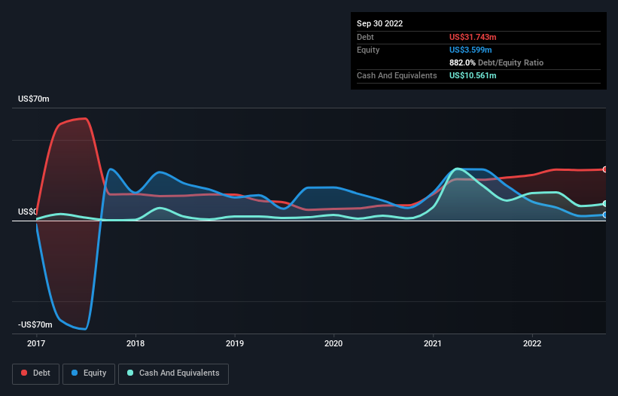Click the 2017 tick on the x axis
click(36, 344)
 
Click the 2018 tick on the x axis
click(135, 344)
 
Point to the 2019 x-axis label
click(235, 344)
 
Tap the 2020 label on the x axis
click(333, 344)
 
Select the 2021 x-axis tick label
click(433, 344)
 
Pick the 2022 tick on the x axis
click(532, 344)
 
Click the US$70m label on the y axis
click(33, 99)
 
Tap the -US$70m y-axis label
click(35, 324)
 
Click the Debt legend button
click(35, 373)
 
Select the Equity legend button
click(89, 373)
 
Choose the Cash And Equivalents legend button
click(173, 373)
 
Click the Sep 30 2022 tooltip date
click(380, 23)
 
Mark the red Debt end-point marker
click(604, 169)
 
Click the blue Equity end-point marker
click(604, 215)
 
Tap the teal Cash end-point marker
click(604, 204)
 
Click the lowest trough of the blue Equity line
click(85, 329)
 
